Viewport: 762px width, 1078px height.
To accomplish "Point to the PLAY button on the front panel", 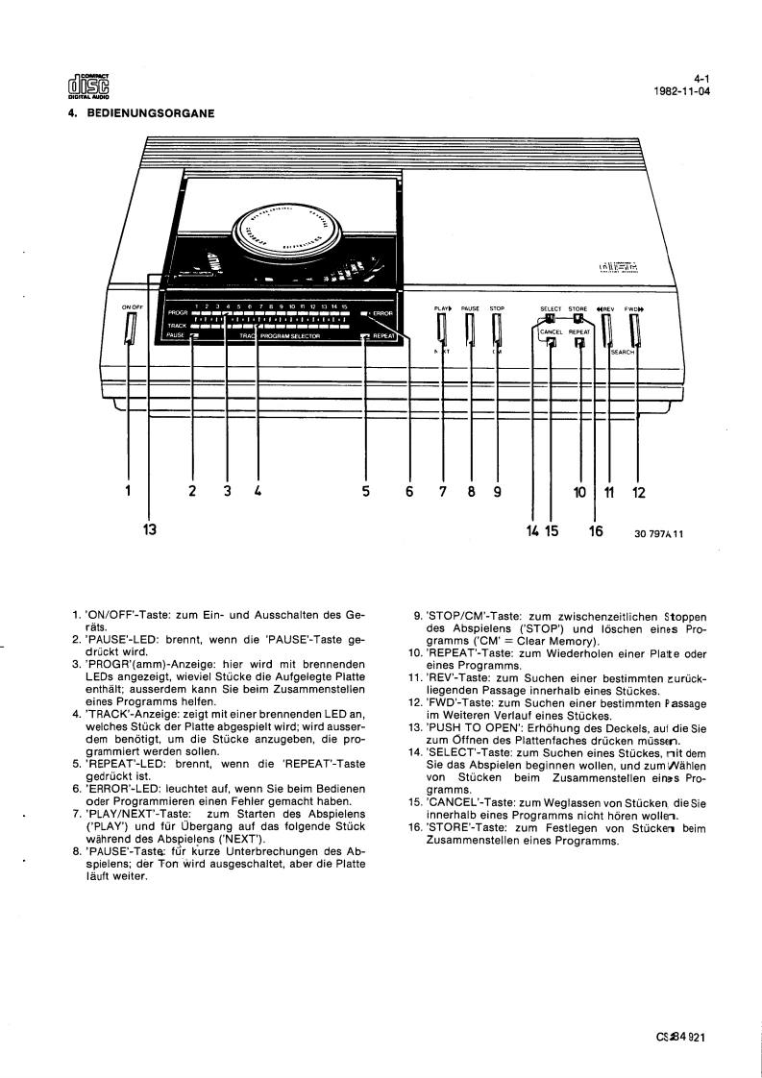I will tap(442, 331).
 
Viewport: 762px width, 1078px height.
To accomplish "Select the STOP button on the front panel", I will tap(497, 331).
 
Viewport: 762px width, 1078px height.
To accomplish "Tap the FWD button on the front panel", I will tap(633, 331).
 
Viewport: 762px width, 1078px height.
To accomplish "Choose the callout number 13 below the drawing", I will tap(149, 528).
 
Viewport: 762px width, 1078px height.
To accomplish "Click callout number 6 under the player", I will tap(409, 491).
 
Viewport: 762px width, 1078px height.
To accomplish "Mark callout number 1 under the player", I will tap(128, 491).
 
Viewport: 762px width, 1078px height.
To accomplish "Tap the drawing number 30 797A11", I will tap(658, 536).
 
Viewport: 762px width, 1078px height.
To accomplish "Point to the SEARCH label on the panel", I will tap(624, 352).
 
